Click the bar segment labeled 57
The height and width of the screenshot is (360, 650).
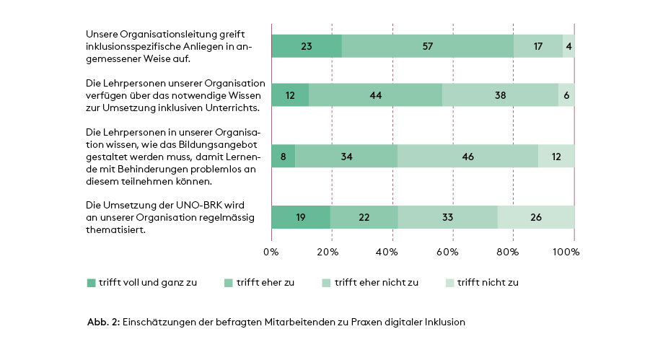(x=428, y=46)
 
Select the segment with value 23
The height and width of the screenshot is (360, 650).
(x=307, y=46)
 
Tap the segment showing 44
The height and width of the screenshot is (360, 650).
(x=375, y=95)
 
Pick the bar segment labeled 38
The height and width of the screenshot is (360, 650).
(x=500, y=95)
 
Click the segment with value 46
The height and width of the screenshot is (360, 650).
(x=467, y=156)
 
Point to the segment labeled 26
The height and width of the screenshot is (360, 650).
(x=535, y=217)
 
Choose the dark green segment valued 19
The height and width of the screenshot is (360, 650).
(x=300, y=217)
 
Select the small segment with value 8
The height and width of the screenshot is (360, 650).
(x=283, y=156)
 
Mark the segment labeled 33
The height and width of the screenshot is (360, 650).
(x=447, y=217)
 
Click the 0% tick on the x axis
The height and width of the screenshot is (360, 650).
(x=271, y=252)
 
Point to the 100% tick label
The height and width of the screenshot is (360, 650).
(x=566, y=252)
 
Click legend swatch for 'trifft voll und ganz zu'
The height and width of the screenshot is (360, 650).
(x=91, y=283)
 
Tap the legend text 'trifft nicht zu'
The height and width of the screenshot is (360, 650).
(x=488, y=283)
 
